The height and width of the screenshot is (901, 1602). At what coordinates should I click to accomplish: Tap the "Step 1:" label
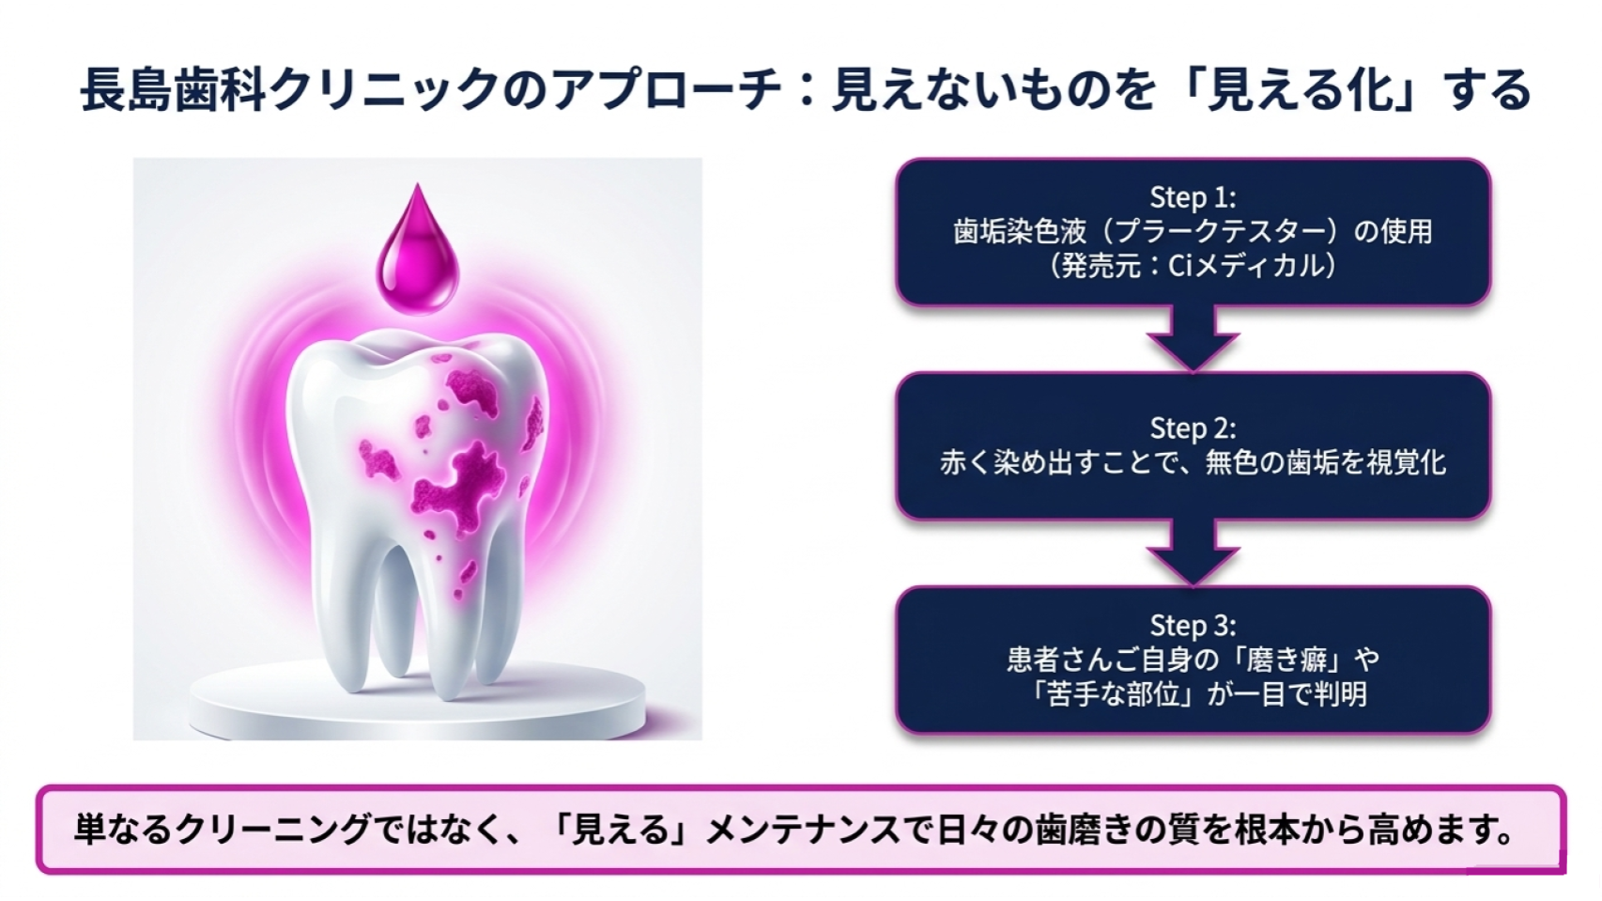1193,196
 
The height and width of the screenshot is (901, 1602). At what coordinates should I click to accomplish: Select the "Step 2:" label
1193,428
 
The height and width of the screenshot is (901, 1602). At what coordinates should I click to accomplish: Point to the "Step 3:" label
1193,625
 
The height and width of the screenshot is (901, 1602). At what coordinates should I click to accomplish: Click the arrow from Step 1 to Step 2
1193,338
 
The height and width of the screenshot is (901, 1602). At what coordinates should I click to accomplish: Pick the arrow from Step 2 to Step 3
1193,551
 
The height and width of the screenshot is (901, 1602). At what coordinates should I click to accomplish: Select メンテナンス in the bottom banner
803,830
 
